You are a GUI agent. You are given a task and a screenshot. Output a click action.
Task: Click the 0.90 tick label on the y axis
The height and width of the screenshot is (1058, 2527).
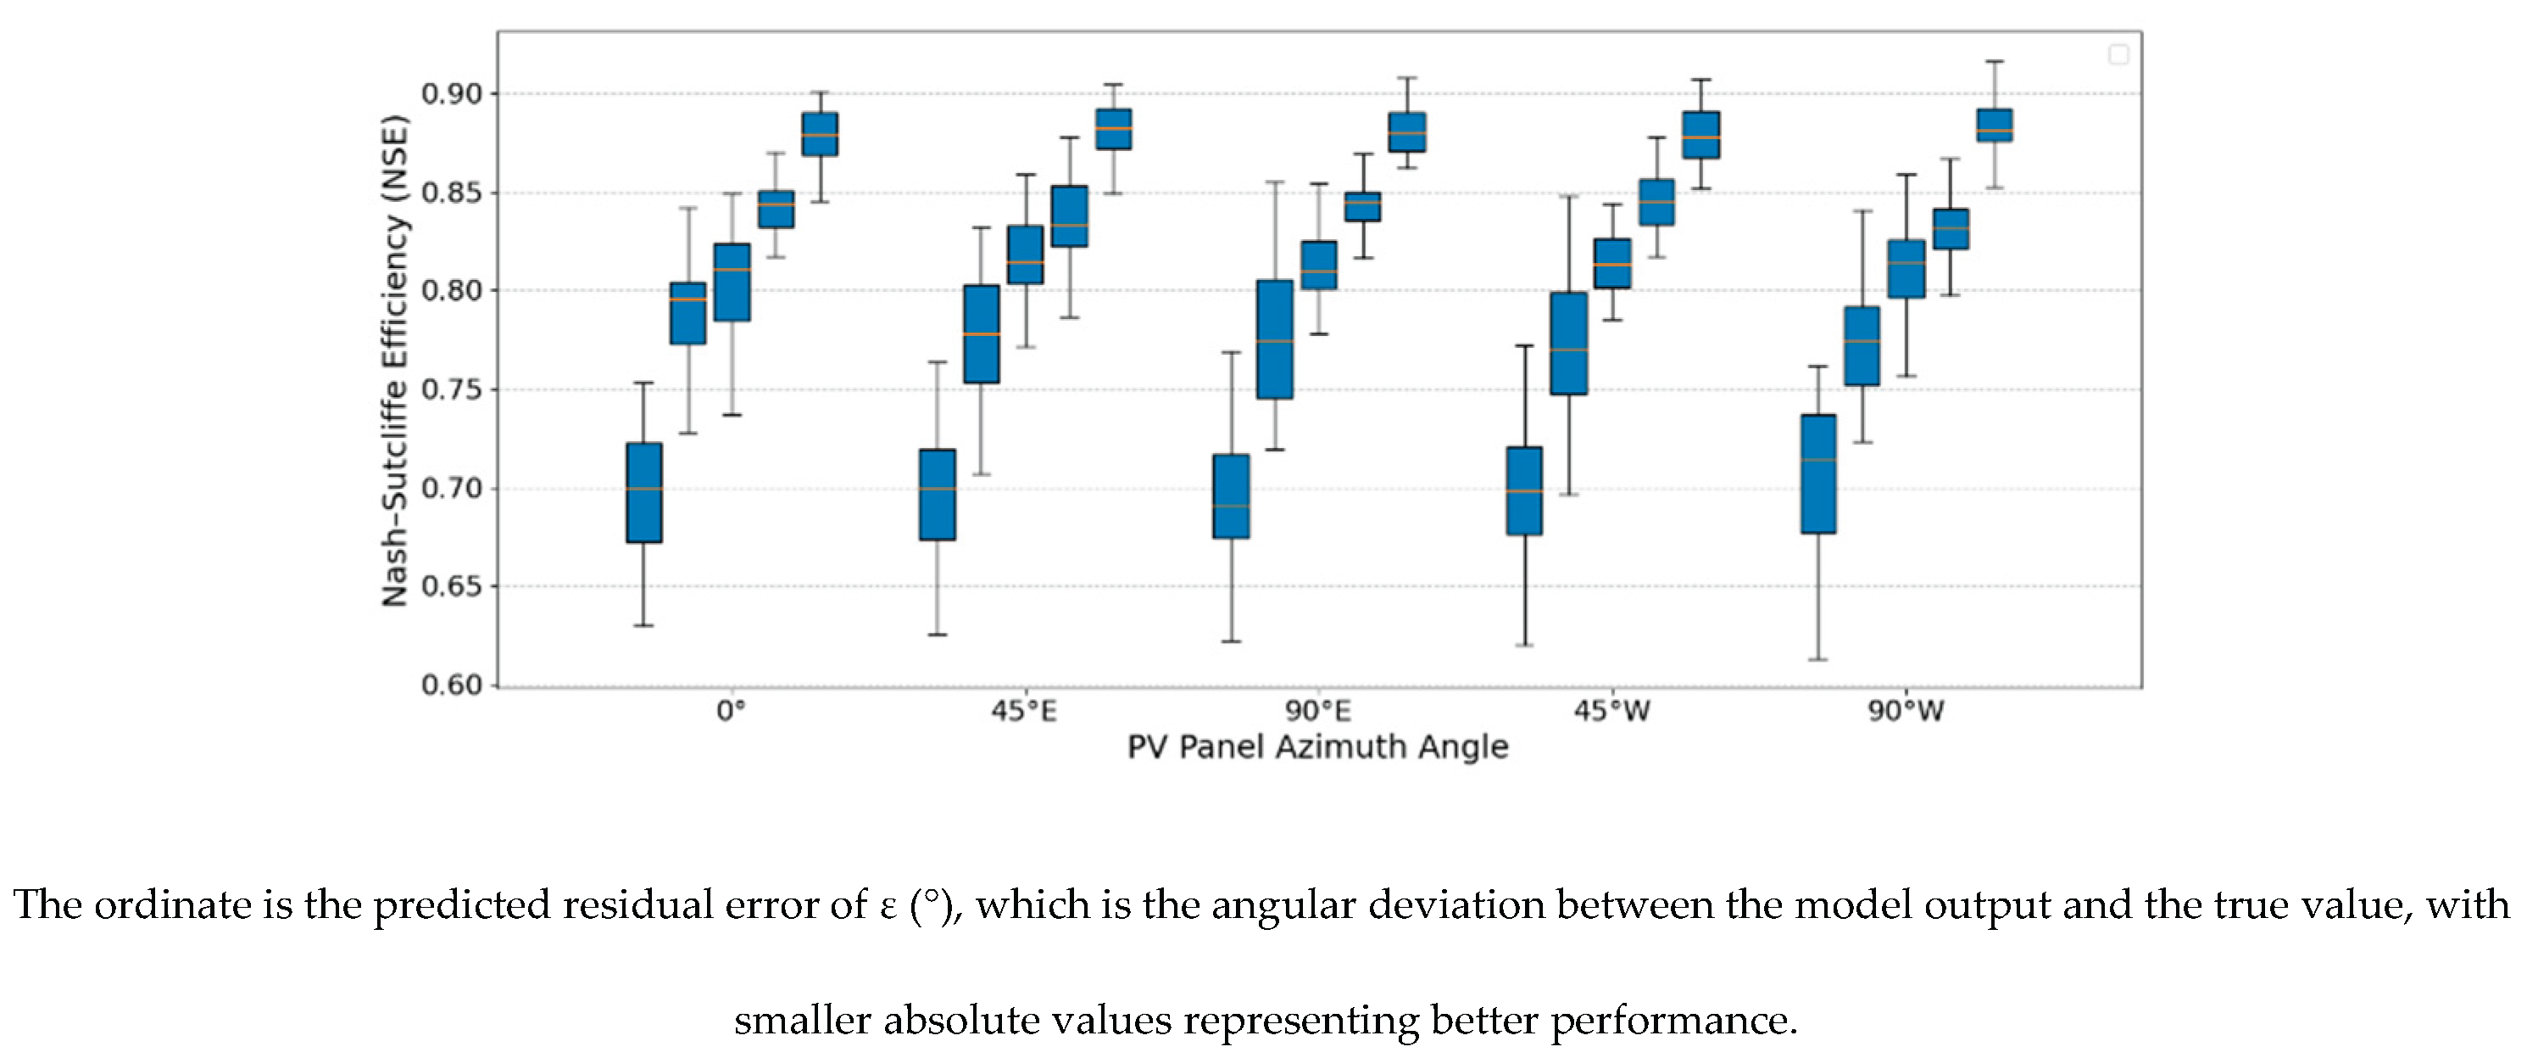[452, 94]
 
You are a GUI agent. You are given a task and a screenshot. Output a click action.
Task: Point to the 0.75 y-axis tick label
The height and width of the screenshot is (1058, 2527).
[452, 389]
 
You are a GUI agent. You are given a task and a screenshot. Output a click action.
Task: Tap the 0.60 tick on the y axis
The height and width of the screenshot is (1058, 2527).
[452, 685]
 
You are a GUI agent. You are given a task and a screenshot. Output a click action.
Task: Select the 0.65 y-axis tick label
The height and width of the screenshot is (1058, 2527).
[452, 587]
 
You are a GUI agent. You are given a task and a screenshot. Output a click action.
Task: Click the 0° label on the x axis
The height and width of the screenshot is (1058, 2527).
[731, 711]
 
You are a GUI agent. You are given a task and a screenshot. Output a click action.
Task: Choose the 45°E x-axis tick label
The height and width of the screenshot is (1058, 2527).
[1024, 711]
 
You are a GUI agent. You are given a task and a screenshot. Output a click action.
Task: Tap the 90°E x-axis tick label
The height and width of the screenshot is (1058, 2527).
[1318, 711]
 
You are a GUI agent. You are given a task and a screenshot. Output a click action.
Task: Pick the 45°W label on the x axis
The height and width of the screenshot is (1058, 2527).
[1611, 711]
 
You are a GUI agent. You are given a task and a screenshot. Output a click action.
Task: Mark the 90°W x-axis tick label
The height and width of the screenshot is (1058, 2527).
[1905, 711]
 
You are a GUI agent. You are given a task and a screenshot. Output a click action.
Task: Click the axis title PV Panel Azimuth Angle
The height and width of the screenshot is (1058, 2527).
[1317, 747]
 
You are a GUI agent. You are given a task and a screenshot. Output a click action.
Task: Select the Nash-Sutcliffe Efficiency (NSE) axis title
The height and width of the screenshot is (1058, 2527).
[394, 361]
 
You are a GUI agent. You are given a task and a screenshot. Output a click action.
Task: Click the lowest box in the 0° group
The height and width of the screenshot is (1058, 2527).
[644, 493]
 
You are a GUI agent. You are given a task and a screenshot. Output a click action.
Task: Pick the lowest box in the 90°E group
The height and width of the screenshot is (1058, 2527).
[1231, 496]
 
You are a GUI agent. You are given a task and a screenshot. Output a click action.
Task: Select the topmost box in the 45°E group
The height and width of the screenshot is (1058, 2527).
[1113, 130]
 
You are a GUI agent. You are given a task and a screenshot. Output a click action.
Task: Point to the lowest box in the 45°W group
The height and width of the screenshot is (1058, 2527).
[1524, 490]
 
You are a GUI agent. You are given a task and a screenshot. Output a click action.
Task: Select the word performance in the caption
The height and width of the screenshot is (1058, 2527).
[1673, 1021]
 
